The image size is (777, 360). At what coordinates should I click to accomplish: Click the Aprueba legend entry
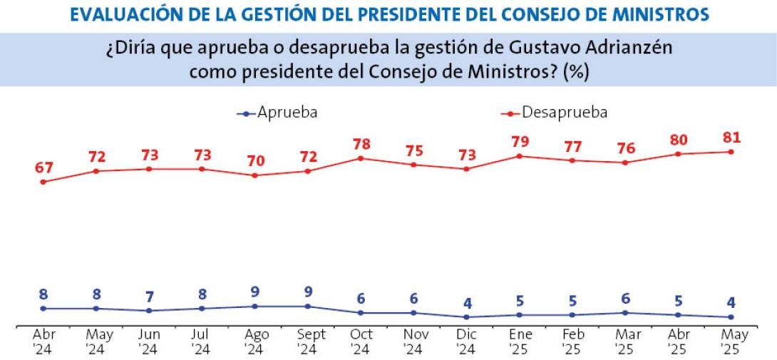coord(277,113)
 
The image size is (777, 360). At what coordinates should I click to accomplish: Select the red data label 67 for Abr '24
coord(43,168)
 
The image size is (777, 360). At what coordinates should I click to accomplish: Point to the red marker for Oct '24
coord(361,158)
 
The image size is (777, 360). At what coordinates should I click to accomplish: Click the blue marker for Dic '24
coord(466,317)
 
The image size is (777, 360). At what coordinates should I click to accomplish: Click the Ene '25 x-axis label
coord(520,340)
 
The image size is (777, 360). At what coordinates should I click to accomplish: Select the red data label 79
coord(520,141)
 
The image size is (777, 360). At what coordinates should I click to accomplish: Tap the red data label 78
coord(361,144)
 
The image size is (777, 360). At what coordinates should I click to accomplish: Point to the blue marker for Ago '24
coord(255,307)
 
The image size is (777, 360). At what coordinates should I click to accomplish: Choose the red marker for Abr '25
coord(678,154)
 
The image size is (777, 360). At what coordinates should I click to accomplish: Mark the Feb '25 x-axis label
coord(572,340)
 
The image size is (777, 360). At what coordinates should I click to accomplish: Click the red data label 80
coord(678,139)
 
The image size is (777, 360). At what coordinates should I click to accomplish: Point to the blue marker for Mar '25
coord(625,313)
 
